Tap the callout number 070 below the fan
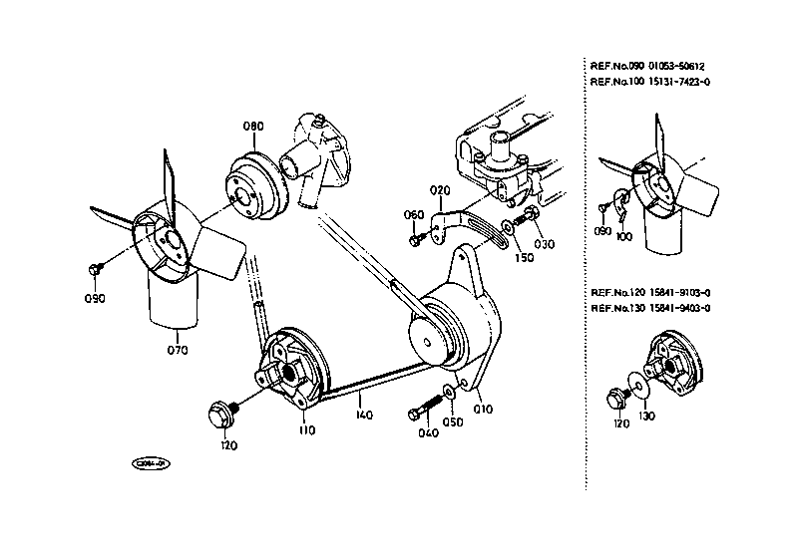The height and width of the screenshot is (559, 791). click(178, 350)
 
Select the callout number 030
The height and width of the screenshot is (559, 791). click(545, 244)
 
